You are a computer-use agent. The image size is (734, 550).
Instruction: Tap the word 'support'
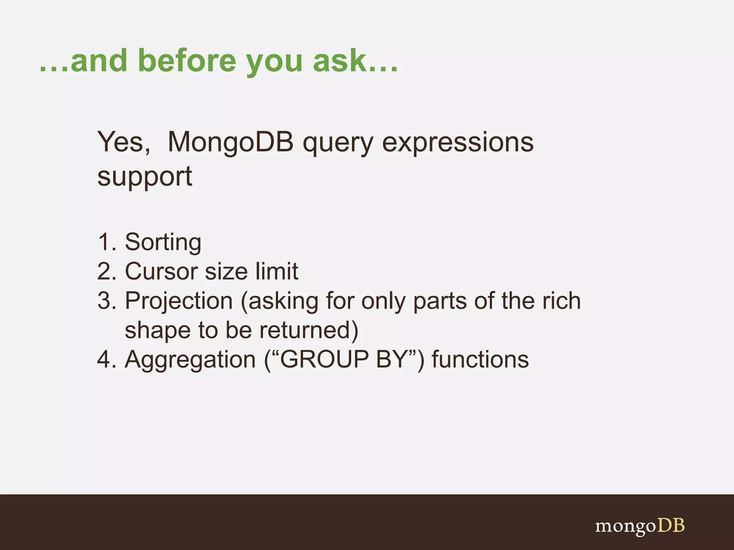[145, 177]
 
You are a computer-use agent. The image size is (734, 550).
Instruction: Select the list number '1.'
[107, 242]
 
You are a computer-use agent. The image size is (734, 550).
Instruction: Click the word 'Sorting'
[163, 243]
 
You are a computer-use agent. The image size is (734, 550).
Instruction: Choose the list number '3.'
[107, 301]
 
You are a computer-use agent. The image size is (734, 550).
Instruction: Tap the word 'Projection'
[178, 301]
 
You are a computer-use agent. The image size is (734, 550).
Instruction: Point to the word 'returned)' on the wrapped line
[309, 330]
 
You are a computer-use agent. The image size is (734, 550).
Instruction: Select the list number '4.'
[107, 360]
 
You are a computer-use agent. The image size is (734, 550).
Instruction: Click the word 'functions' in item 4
[480, 360]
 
